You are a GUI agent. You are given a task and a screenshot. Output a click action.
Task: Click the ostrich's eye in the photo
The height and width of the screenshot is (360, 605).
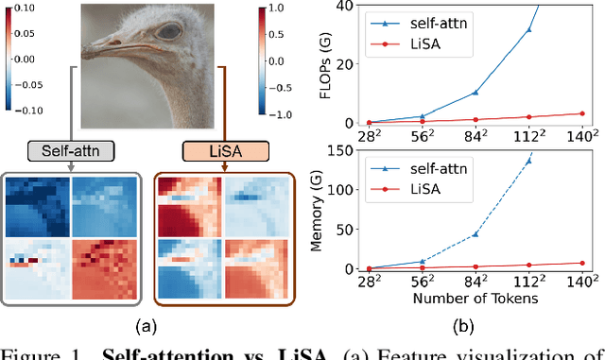[x=169, y=30]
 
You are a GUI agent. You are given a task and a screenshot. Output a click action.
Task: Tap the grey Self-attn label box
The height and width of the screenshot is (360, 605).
[x=74, y=151]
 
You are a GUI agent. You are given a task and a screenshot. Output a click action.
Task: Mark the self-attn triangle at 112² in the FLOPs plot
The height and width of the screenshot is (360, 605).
[x=528, y=29]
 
